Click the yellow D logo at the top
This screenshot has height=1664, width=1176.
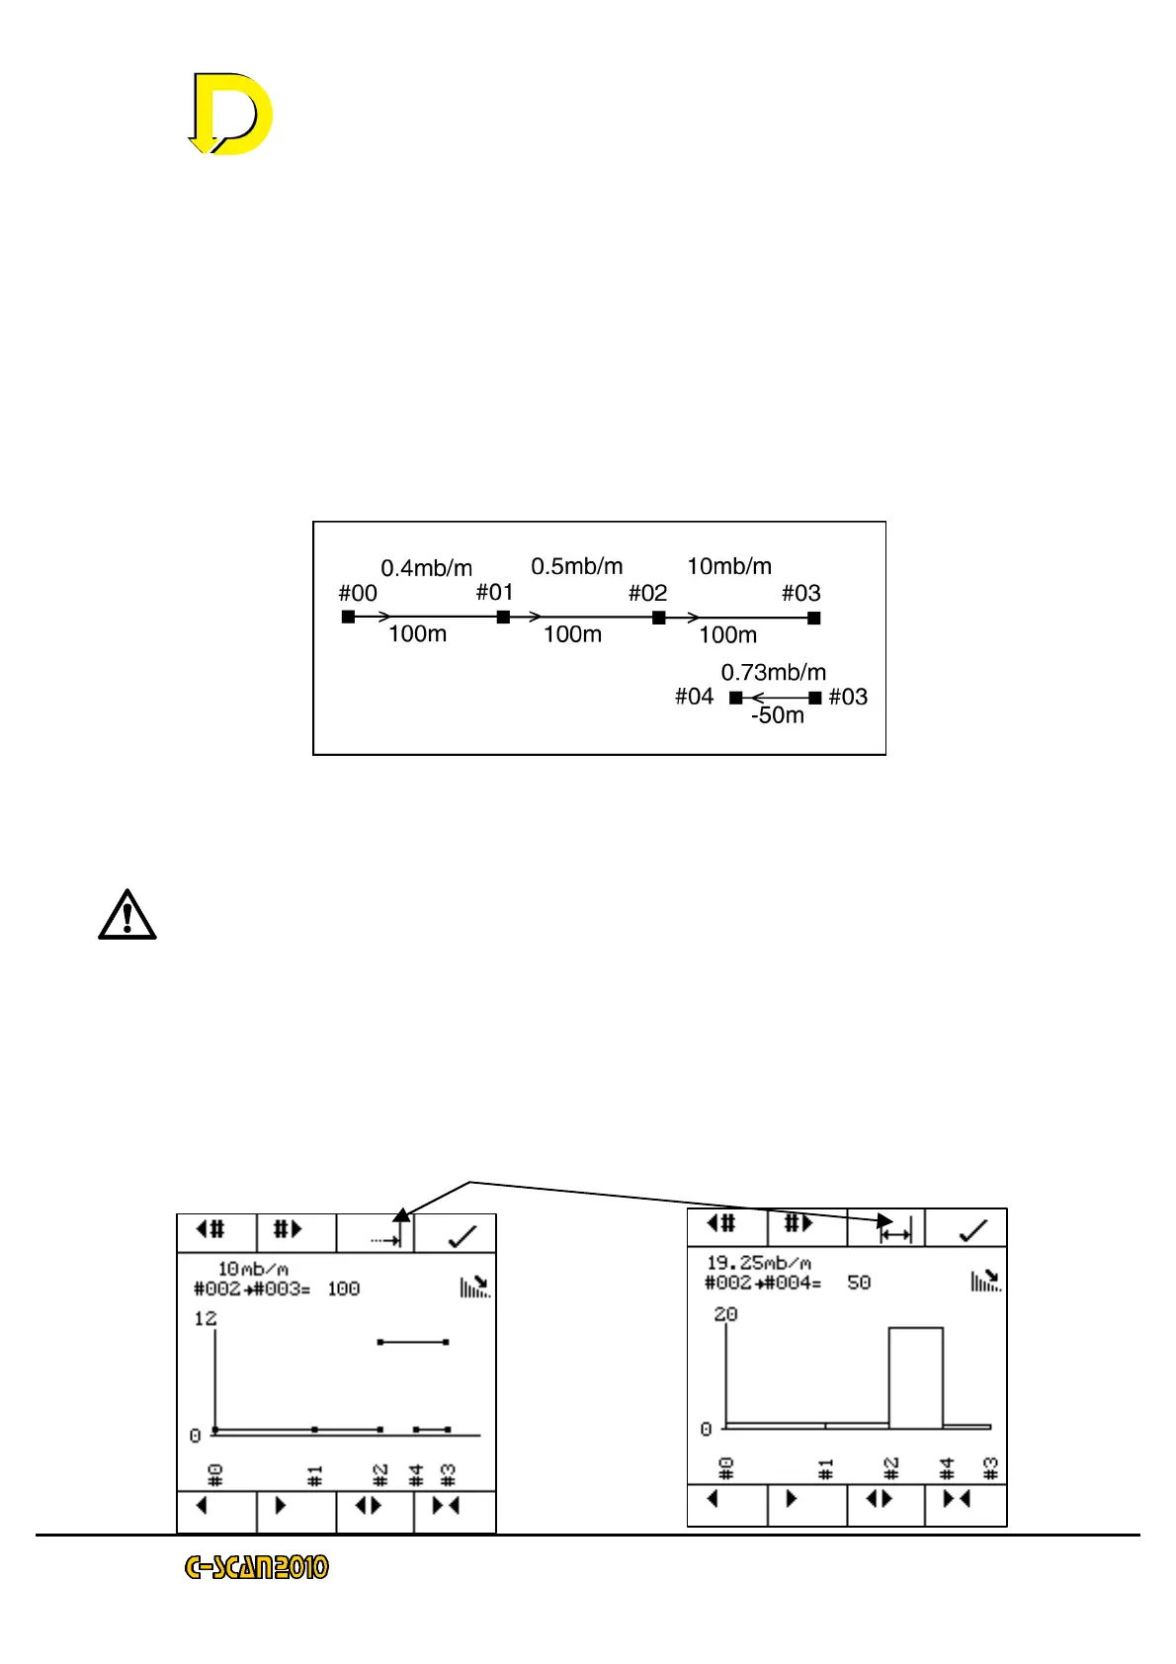click(231, 114)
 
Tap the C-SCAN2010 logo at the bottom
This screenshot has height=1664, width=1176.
click(257, 1567)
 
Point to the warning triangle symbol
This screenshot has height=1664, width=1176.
click(126, 915)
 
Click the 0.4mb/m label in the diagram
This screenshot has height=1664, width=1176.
click(426, 568)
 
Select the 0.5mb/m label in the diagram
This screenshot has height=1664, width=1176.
click(576, 566)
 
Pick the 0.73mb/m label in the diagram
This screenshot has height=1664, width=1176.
click(773, 673)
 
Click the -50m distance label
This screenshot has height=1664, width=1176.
click(777, 715)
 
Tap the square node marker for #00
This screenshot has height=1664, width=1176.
click(348, 617)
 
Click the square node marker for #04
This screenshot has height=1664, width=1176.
click(735, 698)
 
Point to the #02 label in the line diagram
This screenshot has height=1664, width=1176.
click(647, 593)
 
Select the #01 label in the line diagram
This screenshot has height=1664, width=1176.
click(494, 592)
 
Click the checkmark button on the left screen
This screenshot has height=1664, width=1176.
click(461, 1235)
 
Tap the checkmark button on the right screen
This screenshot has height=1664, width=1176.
click(972, 1229)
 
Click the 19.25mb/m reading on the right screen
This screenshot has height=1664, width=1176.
click(758, 1263)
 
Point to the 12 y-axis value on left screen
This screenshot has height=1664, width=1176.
click(205, 1318)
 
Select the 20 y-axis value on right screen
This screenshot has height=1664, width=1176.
click(725, 1314)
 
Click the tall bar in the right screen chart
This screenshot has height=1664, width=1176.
click(915, 1377)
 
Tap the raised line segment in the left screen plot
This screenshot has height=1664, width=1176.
click(413, 1342)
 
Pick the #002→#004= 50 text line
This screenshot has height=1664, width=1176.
click(787, 1283)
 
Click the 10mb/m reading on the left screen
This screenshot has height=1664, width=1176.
click(253, 1269)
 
